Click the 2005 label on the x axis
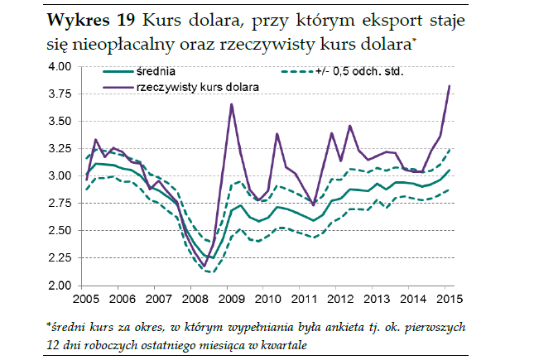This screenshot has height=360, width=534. [85, 298]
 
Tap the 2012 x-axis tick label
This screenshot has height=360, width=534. [340, 298]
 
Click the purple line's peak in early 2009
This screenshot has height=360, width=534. [231, 104]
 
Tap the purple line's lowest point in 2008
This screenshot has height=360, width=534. [204, 266]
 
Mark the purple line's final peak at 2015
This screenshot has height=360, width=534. [449, 86]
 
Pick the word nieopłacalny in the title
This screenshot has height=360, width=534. [131, 39]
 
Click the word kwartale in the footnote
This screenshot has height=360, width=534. [281, 343]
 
